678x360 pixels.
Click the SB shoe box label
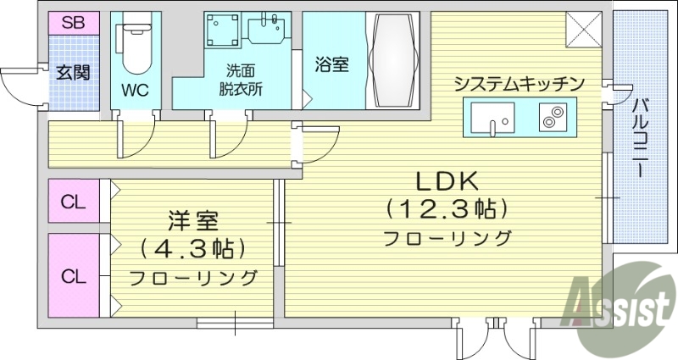[72, 23]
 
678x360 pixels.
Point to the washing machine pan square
[223, 33]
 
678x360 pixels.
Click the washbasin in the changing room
[269, 32]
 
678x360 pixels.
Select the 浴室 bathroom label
[331, 64]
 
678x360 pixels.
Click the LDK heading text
[447, 180]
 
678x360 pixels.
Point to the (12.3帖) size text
[447, 208]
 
